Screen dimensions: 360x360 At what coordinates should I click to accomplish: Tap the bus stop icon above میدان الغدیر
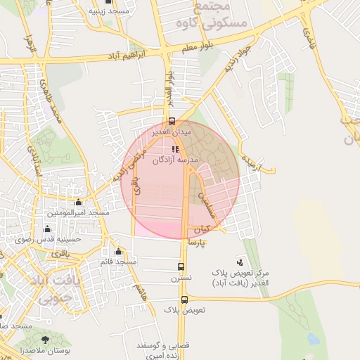[172, 121]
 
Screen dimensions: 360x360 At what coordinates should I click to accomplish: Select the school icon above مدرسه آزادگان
[175, 149]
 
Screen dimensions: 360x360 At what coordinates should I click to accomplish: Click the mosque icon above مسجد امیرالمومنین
[77, 202]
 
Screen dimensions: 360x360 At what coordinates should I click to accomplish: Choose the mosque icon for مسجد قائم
[118, 251]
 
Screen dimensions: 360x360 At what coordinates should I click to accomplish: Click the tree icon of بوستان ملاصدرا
[46, 340]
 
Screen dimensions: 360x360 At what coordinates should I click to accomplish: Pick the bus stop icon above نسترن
[181, 267]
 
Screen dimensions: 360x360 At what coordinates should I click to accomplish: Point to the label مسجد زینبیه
[107, 12]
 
